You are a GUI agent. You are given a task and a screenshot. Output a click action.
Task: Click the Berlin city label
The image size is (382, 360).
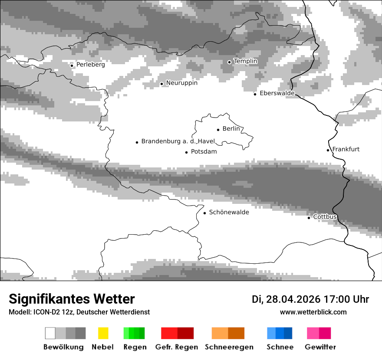pyautogui.click(x=231, y=129)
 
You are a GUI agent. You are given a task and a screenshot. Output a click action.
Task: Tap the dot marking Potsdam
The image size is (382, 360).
pyautogui.click(x=186, y=152)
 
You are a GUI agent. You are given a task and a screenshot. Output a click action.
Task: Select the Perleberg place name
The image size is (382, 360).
pyautogui.click(x=90, y=65)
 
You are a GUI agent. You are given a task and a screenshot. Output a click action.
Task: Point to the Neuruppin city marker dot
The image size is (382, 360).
pyautogui.click(x=161, y=84)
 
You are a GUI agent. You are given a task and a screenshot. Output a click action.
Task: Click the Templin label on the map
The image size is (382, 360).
pyautogui.click(x=245, y=61)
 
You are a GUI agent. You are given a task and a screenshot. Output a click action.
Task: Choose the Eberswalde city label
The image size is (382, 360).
pyautogui.click(x=277, y=93)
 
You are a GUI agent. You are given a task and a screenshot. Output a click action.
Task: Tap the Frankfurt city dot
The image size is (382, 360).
pyautogui.click(x=328, y=150)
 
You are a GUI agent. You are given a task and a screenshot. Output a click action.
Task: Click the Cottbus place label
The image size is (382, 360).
pyautogui.click(x=325, y=217)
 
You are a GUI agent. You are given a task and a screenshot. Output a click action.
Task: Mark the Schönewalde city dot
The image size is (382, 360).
pyautogui.click(x=204, y=213)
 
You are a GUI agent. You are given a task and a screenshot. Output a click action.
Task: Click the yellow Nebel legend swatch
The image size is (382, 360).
pyautogui.click(x=103, y=333)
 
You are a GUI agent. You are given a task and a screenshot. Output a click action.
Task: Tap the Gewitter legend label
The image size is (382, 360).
pyautogui.click(x=320, y=347)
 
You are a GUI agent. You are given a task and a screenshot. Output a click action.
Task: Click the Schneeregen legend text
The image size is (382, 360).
pyautogui.click(x=229, y=347)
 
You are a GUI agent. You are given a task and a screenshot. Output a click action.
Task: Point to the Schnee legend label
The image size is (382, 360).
pyautogui.click(x=280, y=347)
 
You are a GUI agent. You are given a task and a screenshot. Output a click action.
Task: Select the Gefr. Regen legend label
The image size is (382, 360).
pyautogui.click(x=177, y=347)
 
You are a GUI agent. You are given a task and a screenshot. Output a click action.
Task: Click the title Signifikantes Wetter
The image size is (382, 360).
pyautogui.click(x=72, y=299)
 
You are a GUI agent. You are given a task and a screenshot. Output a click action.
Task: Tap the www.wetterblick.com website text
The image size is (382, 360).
pyautogui.click(x=313, y=312)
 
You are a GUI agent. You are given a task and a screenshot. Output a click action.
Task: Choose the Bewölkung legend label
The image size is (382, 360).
pyautogui.click(x=63, y=347)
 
